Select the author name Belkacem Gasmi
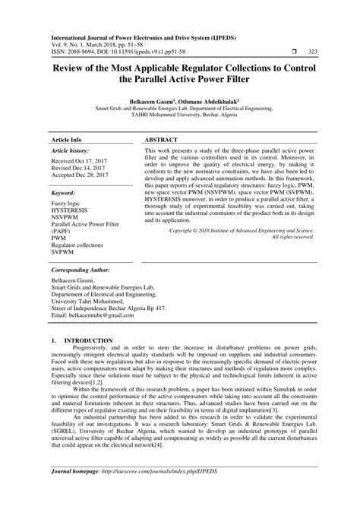pos(152,100)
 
